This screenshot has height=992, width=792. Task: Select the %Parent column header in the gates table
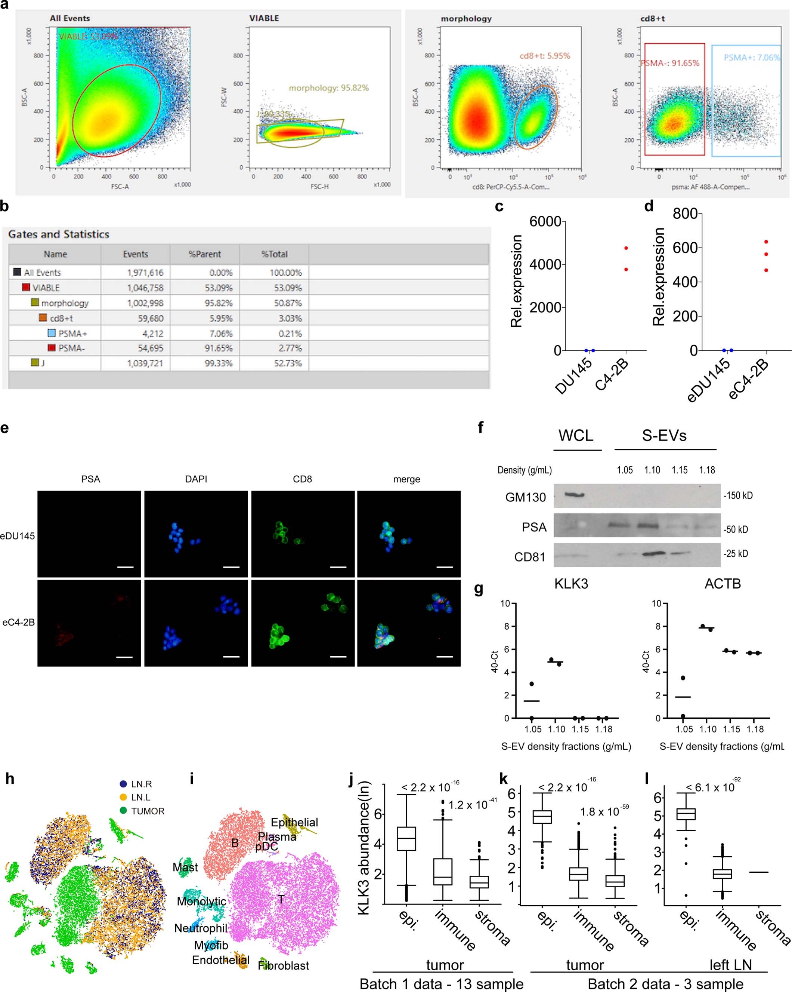(205, 254)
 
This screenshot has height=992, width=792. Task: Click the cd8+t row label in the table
(61, 318)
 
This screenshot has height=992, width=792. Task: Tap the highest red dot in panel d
(766, 242)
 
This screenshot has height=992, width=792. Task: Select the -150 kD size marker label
(738, 495)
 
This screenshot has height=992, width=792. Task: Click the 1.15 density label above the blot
(680, 470)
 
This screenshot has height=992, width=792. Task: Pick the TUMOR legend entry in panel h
(147, 811)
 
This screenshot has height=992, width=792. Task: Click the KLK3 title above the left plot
(570, 583)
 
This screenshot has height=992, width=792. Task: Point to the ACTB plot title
(722, 583)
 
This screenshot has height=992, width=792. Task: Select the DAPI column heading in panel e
(196, 479)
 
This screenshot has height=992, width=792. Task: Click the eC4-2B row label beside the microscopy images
(18, 622)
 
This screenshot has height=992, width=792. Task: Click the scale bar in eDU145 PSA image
(125, 567)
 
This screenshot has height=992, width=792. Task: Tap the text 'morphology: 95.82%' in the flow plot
(328, 88)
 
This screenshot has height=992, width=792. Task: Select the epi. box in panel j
(406, 838)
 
